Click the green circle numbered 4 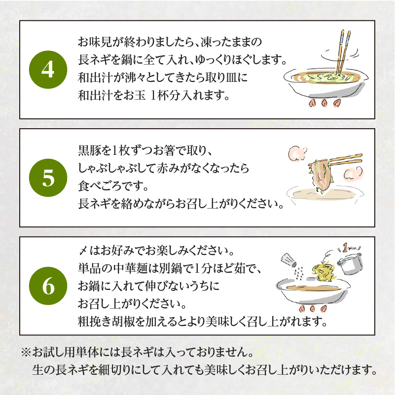tap(48, 70)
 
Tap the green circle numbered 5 tap(48, 178)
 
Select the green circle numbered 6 tap(48, 286)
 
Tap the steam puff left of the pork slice tap(297, 154)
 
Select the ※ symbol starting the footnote tap(26, 352)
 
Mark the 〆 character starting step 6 tap(83, 251)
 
